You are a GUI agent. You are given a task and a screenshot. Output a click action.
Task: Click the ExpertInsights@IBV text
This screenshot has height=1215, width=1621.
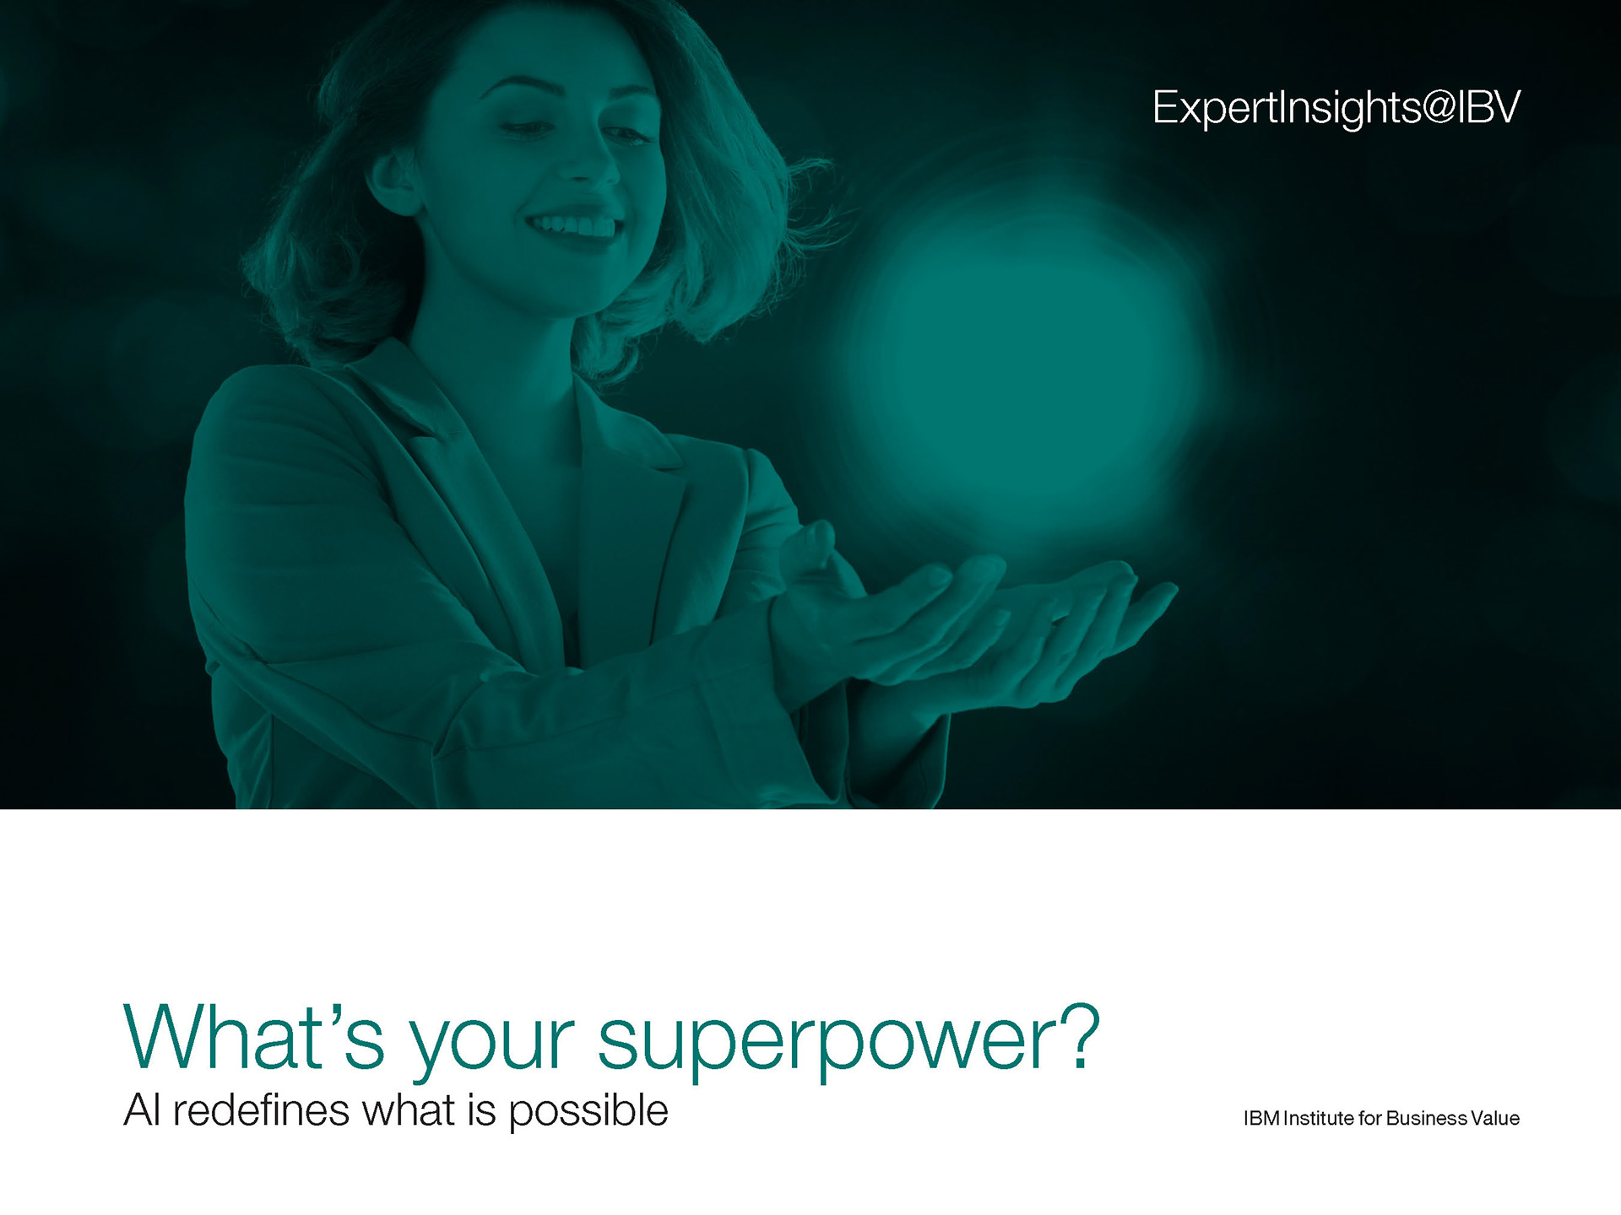(1336, 109)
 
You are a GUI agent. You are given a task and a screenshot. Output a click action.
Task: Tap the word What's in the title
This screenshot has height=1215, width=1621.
(253, 1037)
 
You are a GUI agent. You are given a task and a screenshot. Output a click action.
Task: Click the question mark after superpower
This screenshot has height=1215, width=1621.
(1081, 1036)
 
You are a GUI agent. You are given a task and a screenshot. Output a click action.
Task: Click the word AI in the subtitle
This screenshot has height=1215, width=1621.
(141, 1110)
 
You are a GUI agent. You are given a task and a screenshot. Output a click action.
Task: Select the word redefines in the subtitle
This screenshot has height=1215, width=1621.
(261, 1110)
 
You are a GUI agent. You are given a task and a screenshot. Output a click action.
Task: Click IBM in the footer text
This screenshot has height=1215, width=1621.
(1261, 1118)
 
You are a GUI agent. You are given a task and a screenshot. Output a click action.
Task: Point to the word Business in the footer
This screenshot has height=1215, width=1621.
(1427, 1118)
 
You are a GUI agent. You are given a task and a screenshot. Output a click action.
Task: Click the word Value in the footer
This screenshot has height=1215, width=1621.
(1495, 1118)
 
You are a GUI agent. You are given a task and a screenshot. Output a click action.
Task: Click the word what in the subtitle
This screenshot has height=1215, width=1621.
(408, 1110)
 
